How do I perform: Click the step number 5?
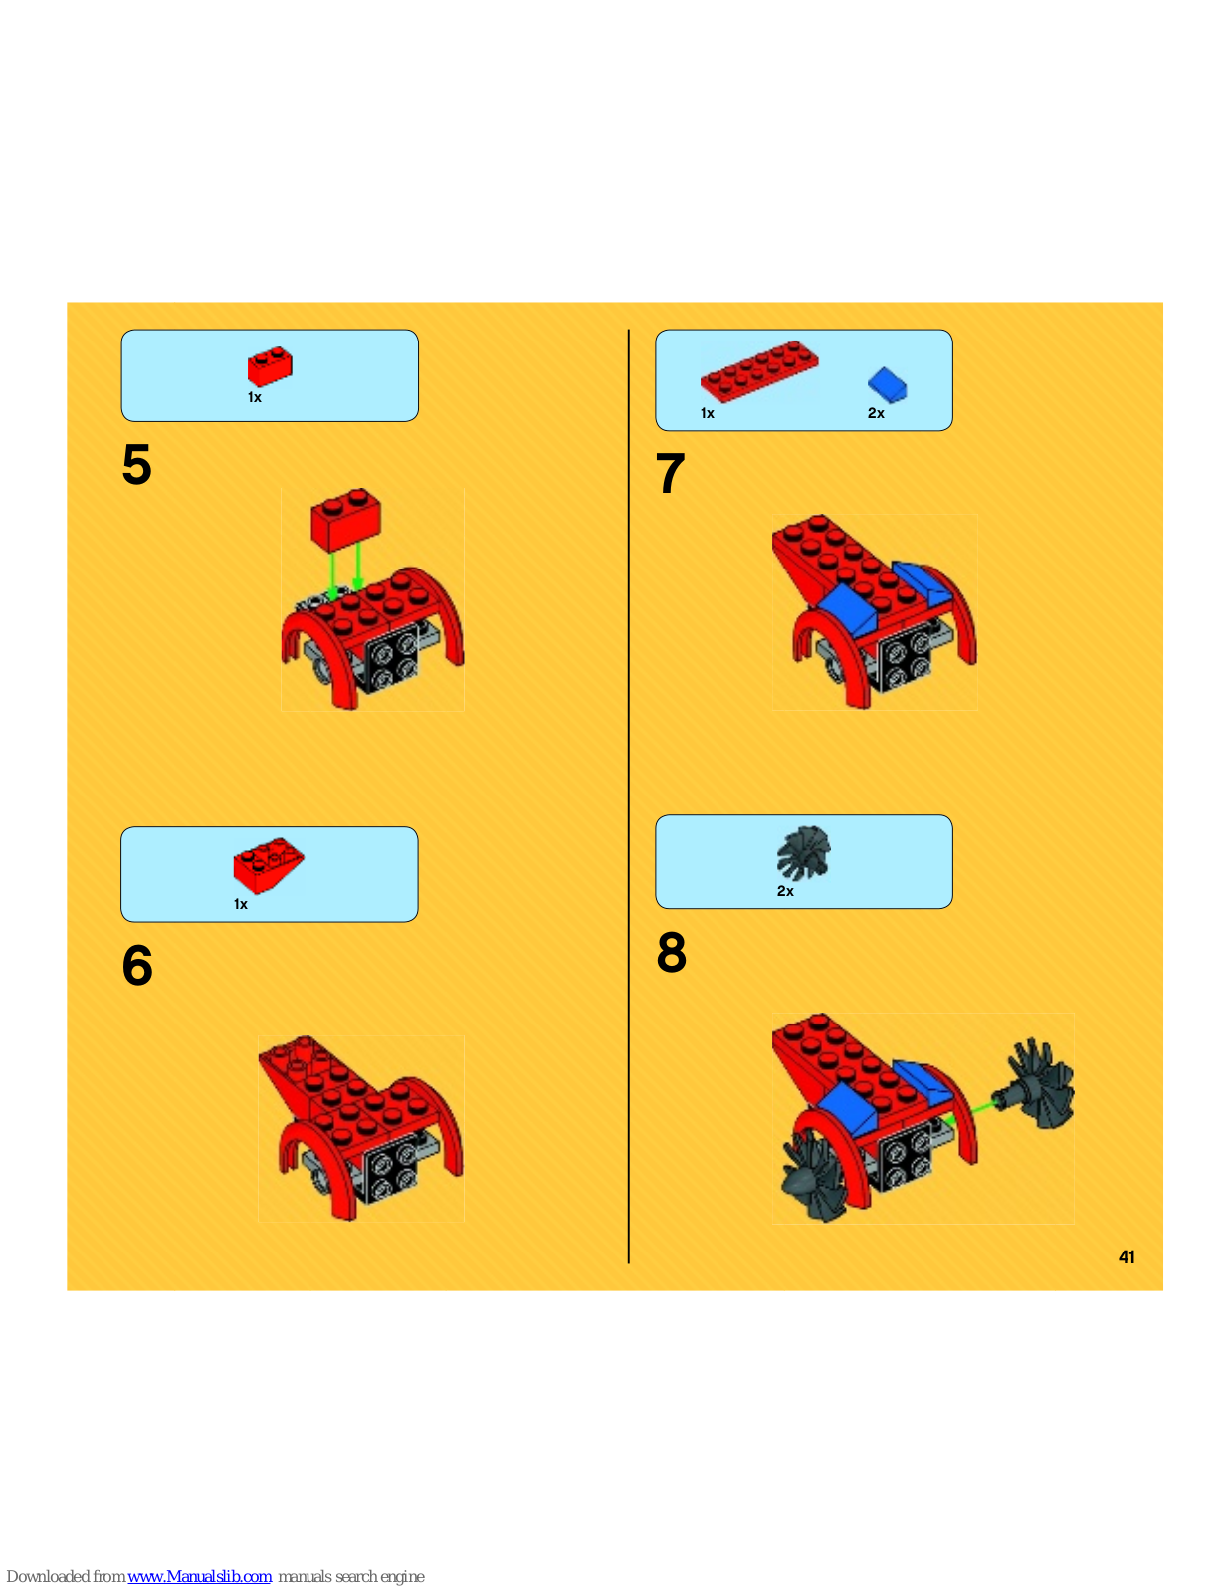(x=137, y=464)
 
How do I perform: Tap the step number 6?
(x=137, y=965)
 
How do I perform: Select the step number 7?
(x=671, y=473)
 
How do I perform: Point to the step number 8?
(x=671, y=952)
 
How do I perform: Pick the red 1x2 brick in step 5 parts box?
(x=270, y=366)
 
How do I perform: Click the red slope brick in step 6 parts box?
(x=268, y=865)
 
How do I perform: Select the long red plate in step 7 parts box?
(x=759, y=371)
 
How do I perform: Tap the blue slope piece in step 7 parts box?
(x=888, y=385)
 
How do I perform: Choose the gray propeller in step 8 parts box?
(x=804, y=853)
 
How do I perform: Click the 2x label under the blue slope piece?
(x=876, y=413)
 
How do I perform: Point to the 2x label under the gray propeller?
(x=785, y=891)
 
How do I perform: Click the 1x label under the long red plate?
(x=708, y=413)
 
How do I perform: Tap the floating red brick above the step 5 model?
(x=346, y=520)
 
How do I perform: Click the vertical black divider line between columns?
(x=628, y=796)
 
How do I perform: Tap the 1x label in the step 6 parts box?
(x=241, y=905)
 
